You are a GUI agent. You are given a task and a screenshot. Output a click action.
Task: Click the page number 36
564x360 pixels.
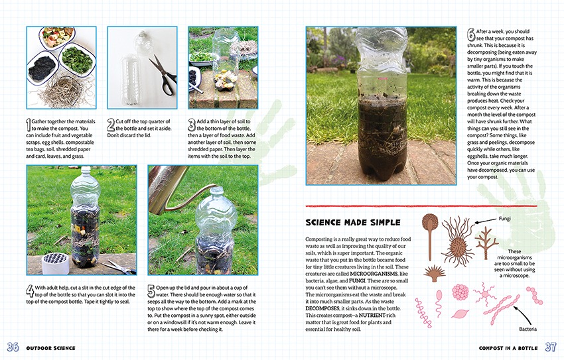click(13, 347)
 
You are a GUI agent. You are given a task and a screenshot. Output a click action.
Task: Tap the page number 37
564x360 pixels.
click(550, 347)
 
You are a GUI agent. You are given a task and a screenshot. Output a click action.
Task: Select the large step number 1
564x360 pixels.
click(28, 125)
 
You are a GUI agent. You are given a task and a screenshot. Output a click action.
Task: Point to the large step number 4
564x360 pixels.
click(30, 291)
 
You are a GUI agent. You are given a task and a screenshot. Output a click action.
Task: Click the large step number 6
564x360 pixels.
click(471, 35)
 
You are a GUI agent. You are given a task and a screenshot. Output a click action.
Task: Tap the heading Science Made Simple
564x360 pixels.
click(353, 222)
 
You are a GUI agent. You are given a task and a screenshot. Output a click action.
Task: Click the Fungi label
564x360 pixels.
click(504, 218)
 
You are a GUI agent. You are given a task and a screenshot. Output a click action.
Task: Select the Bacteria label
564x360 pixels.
click(528, 329)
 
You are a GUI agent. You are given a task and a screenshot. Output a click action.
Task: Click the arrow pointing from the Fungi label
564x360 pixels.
click(486, 221)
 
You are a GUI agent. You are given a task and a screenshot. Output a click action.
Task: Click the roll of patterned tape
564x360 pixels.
click(55, 263)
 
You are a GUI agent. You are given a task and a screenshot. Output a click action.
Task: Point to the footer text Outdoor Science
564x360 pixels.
click(50, 348)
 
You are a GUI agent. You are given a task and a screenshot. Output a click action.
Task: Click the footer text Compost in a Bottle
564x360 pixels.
click(508, 348)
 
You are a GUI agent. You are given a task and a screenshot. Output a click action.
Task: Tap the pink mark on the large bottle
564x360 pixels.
click(382, 78)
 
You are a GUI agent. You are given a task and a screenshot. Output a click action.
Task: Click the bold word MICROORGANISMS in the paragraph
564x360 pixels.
click(374, 274)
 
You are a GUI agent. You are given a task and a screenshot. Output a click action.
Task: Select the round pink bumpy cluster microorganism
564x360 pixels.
click(460, 292)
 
